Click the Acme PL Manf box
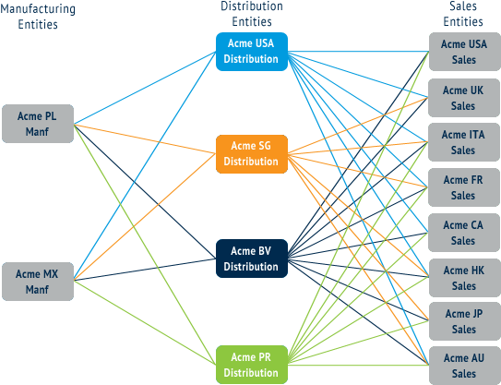click(38, 124)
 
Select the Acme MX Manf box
click(38, 281)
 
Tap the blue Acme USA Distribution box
click(251, 52)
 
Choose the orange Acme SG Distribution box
click(251, 154)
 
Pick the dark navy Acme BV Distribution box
click(251, 259)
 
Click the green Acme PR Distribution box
click(251, 364)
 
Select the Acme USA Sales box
click(464, 52)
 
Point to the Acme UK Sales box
click(464, 98)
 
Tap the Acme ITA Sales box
click(464, 142)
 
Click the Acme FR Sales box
click(464, 187)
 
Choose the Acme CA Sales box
click(464, 232)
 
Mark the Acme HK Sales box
click(464, 277)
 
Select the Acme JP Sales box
click(464, 321)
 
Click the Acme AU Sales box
click(464, 366)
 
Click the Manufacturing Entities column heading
click(39, 17)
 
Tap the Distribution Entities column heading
click(251, 13)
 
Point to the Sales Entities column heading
click(464, 13)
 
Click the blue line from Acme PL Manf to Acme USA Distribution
click(144, 87)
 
